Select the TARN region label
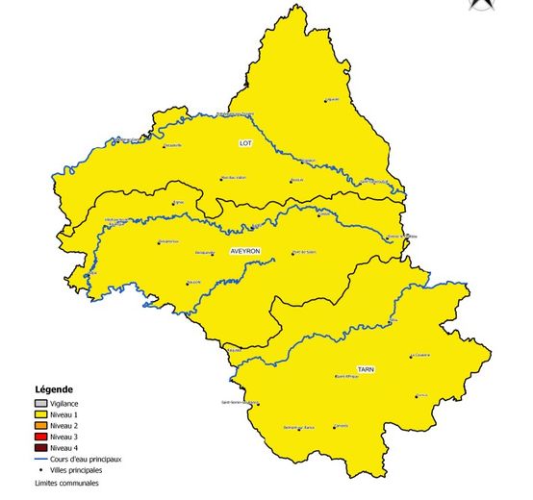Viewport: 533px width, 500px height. [366, 369]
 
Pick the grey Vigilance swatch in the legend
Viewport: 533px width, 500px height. [39, 403]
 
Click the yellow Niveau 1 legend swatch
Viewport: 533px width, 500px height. [39, 414]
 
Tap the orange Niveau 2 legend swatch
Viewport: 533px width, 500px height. [39, 425]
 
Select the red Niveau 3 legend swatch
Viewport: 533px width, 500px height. [39, 437]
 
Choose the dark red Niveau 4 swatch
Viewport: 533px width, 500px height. [39, 448]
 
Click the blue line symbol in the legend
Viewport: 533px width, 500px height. [39, 460]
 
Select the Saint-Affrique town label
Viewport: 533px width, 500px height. [346, 377]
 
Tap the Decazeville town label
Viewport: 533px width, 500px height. [172, 145]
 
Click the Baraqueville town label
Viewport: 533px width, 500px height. [205, 252]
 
